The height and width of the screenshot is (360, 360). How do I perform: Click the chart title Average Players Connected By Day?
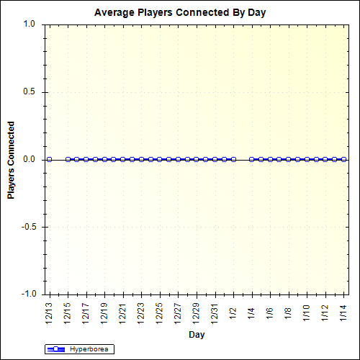(x=180, y=13)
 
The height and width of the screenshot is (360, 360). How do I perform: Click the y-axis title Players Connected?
(x=11, y=159)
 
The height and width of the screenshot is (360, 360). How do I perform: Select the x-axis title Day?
(x=196, y=335)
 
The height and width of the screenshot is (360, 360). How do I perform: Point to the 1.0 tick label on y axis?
(x=29, y=24)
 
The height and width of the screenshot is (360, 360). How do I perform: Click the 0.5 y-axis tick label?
(x=29, y=92)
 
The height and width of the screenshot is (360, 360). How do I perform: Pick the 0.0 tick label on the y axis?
(x=29, y=159)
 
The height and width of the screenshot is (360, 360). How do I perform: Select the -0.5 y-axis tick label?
(x=27, y=227)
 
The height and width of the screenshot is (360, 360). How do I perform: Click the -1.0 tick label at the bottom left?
(x=27, y=294)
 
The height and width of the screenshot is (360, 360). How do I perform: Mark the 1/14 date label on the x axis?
(x=343, y=312)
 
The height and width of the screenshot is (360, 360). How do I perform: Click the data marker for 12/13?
(x=49, y=159)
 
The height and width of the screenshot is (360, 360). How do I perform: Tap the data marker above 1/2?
(x=233, y=159)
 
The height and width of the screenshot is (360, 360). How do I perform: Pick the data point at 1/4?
(x=251, y=159)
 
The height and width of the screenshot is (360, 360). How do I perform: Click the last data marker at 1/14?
(x=343, y=159)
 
